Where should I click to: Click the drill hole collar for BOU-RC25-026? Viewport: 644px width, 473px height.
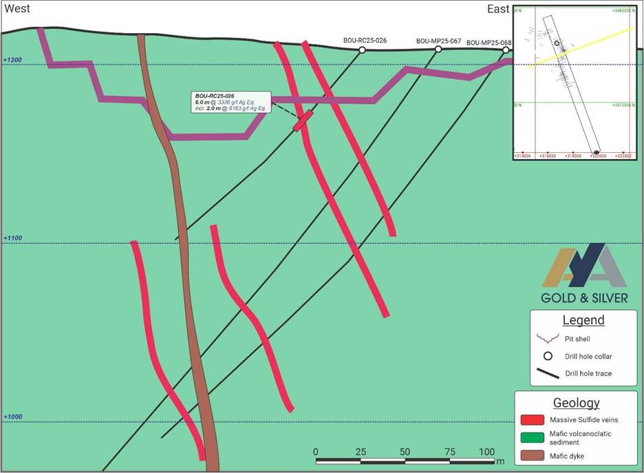[x=362, y=50]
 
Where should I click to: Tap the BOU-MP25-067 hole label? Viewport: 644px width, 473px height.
[x=438, y=41]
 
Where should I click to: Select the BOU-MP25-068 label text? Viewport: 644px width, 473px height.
[x=489, y=43]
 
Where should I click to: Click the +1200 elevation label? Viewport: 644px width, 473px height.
[x=12, y=61]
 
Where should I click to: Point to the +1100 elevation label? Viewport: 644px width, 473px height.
[x=12, y=238]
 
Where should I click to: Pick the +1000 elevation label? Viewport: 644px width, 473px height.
[x=12, y=417]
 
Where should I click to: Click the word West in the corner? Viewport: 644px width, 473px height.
[x=18, y=9]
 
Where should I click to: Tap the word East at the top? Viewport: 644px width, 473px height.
[x=497, y=9]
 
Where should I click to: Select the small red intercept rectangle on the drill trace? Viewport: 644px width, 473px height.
[x=303, y=120]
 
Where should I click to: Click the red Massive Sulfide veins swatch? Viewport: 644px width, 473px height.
[x=534, y=419]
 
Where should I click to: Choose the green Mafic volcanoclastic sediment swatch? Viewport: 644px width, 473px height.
[x=534, y=437]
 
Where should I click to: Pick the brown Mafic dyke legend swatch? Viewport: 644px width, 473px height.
[x=534, y=455]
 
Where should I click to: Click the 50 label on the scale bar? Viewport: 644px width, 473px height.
[x=405, y=452]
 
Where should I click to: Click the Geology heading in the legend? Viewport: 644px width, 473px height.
[x=576, y=403]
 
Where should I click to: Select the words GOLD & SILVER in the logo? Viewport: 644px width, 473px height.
[x=584, y=298]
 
